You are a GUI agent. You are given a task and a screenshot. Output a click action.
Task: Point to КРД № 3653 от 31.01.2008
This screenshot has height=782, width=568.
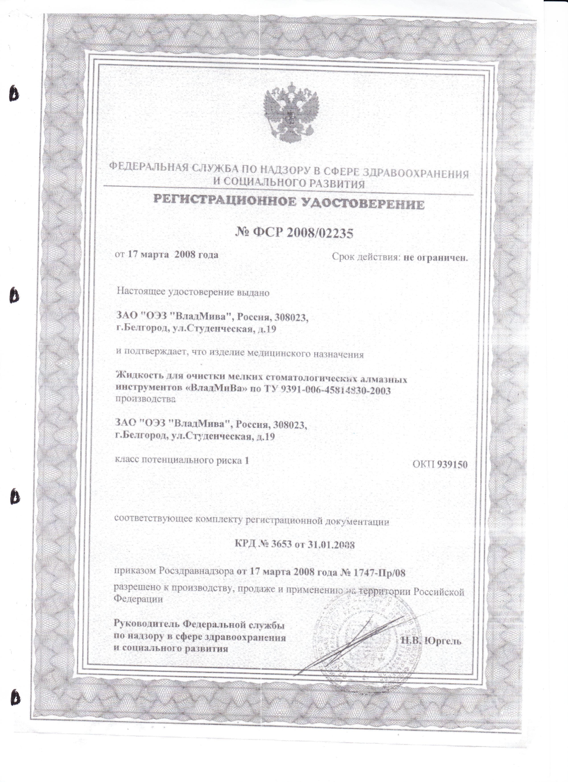pos(295,545)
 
